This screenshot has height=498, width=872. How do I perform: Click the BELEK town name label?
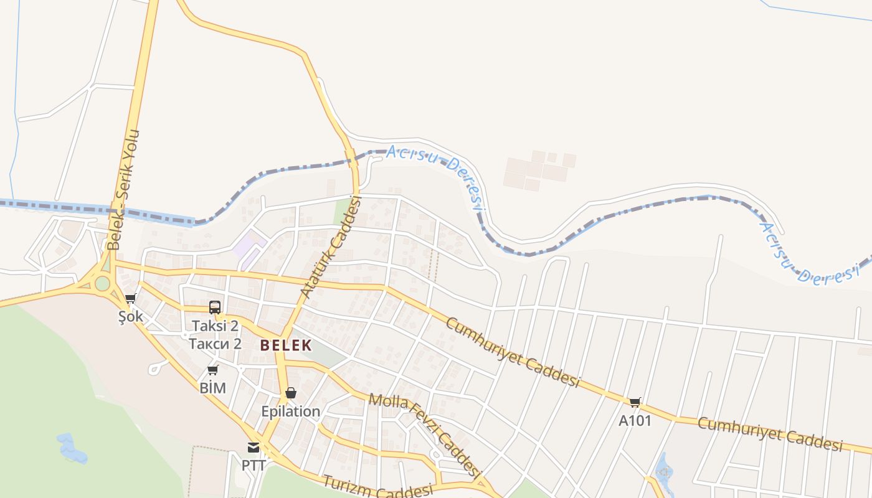(x=285, y=345)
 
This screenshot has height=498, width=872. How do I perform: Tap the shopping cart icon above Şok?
(x=130, y=299)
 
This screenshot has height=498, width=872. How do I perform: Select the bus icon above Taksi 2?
(x=215, y=307)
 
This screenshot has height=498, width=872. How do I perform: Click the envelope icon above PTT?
(x=254, y=447)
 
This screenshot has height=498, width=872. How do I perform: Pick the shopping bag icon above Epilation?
(x=290, y=393)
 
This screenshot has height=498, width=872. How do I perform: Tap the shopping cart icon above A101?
(x=635, y=402)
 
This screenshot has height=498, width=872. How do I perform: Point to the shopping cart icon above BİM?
(x=212, y=370)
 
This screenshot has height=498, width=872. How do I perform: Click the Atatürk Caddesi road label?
(x=331, y=247)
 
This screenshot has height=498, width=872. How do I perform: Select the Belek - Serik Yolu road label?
(x=124, y=190)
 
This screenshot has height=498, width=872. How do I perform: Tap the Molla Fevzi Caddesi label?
(x=426, y=434)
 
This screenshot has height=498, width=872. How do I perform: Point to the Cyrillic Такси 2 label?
(x=215, y=344)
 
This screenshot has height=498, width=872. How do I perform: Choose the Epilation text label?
(x=290, y=411)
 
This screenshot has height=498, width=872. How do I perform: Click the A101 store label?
(x=635, y=421)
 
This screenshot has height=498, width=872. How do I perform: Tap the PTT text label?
(x=254, y=465)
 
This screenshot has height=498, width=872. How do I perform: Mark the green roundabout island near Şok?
(x=102, y=284)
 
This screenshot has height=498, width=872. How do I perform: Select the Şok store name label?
(x=131, y=317)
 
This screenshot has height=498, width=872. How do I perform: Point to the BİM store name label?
(x=212, y=388)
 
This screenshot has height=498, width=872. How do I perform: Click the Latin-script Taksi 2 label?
(x=215, y=326)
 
